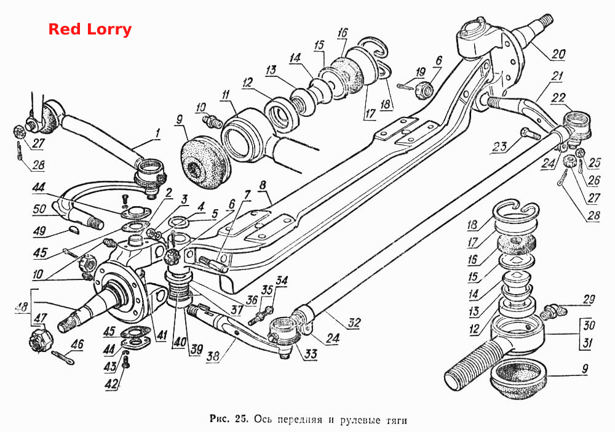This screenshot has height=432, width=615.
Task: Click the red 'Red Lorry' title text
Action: click(90, 30)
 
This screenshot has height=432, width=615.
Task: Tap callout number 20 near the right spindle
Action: click(558, 54)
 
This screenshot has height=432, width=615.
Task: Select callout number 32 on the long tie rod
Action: click(354, 323)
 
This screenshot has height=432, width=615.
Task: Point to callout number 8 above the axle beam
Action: click(263, 185)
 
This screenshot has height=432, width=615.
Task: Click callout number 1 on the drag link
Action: click(157, 134)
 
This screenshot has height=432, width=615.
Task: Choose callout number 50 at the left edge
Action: click(40, 209)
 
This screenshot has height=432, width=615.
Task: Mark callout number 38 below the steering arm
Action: click(213, 356)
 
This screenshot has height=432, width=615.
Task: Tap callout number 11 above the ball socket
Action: click(225, 95)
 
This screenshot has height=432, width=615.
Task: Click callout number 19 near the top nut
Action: click(420, 72)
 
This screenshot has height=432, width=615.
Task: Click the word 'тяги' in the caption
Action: click(397, 420)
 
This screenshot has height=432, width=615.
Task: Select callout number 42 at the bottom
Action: click(112, 383)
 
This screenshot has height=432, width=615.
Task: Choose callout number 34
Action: click(281, 281)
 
